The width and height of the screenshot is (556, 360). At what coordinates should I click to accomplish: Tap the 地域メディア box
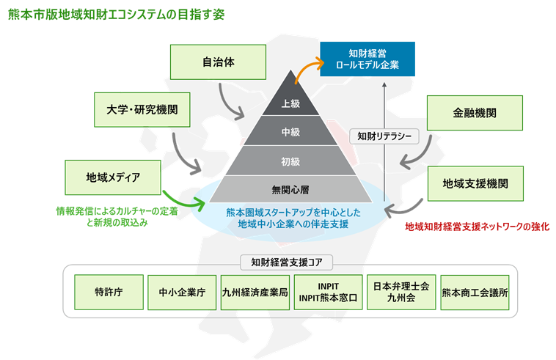[x=112, y=177]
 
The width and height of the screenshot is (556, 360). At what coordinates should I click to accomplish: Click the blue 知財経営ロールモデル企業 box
[x=367, y=59]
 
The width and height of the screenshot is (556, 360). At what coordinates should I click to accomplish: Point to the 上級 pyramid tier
[x=290, y=104]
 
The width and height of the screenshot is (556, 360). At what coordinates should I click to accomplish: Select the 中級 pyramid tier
[x=290, y=133]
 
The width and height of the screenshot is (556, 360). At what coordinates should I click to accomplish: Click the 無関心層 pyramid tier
[x=291, y=189]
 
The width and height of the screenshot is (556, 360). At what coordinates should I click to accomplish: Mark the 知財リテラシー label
[x=384, y=136]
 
